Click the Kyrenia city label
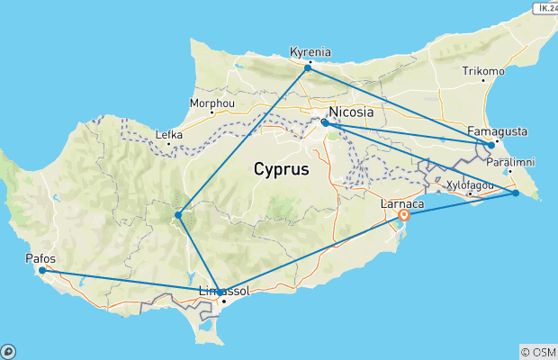[x=310, y=51]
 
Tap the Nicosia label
[x=352, y=112]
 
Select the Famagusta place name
[x=498, y=131]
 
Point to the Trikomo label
[x=482, y=70]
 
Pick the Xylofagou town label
[x=470, y=184]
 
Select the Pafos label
[x=41, y=259]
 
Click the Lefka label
[x=169, y=135]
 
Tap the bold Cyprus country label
[x=281, y=168]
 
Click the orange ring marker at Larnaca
[x=405, y=215]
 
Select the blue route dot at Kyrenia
[x=308, y=67]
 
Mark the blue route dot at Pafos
[x=42, y=270]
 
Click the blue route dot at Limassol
[x=220, y=292]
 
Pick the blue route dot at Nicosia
[x=325, y=122]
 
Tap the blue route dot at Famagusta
[x=490, y=144]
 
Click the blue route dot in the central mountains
[x=178, y=214]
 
